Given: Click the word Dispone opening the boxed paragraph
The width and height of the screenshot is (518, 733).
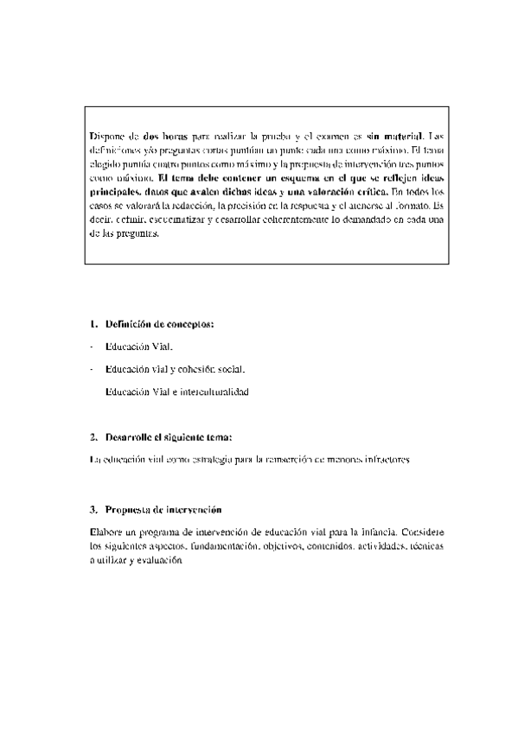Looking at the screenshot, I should click(107, 137).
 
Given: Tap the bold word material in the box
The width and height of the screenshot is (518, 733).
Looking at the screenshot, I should click(404, 137).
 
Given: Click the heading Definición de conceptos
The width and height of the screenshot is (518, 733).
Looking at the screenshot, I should click(159, 325).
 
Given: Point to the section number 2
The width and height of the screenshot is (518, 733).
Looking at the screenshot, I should click(93, 437).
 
